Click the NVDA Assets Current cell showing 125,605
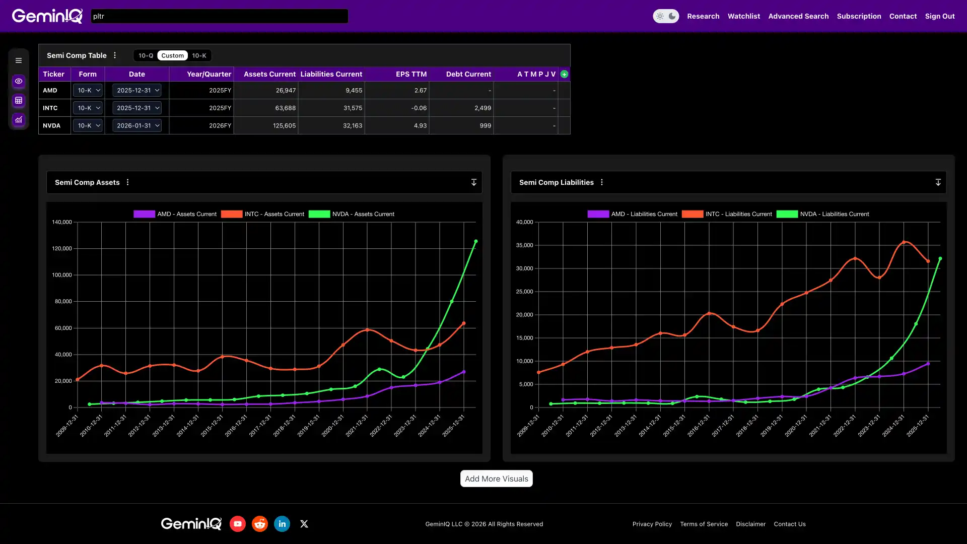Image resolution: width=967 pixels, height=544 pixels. [284, 125]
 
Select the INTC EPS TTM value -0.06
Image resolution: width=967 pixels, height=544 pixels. [419, 108]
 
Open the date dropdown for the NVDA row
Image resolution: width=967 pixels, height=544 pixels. [137, 125]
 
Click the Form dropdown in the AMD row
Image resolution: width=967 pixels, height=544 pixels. [88, 90]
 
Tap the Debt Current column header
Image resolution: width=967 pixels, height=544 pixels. [468, 74]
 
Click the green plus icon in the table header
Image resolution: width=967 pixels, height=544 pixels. [564, 74]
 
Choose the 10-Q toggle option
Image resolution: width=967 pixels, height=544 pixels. [146, 55]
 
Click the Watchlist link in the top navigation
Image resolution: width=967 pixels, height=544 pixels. [743, 16]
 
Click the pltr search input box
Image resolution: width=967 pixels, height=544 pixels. [219, 16]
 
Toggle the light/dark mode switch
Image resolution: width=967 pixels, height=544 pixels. [666, 16]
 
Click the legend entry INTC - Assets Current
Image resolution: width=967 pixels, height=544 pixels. [262, 214]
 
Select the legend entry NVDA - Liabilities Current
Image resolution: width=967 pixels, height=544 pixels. [822, 214]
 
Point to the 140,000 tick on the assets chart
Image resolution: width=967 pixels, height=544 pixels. [62, 222]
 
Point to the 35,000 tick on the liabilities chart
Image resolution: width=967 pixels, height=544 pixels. [524, 245]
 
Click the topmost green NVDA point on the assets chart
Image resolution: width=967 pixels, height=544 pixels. [475, 242]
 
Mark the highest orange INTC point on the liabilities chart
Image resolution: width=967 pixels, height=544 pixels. [904, 242]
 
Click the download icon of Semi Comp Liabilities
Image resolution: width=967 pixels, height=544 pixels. [938, 182]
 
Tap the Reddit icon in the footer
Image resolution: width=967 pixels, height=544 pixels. [260, 524]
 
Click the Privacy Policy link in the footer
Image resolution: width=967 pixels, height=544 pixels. [652, 524]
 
